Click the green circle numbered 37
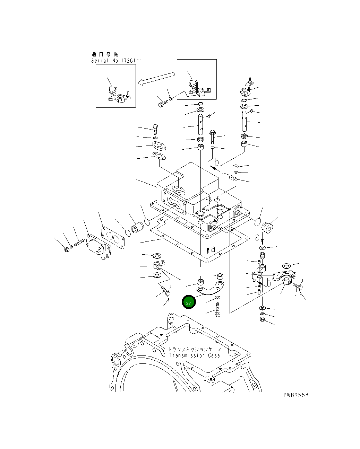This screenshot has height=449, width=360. (x=189, y=302)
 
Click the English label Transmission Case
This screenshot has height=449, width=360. (x=194, y=355)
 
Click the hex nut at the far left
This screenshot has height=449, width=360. (x=67, y=249)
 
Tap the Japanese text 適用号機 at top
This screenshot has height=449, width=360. (x=105, y=54)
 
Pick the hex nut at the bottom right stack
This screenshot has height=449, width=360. (x=263, y=319)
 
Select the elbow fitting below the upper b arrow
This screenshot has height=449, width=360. (x=232, y=178)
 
